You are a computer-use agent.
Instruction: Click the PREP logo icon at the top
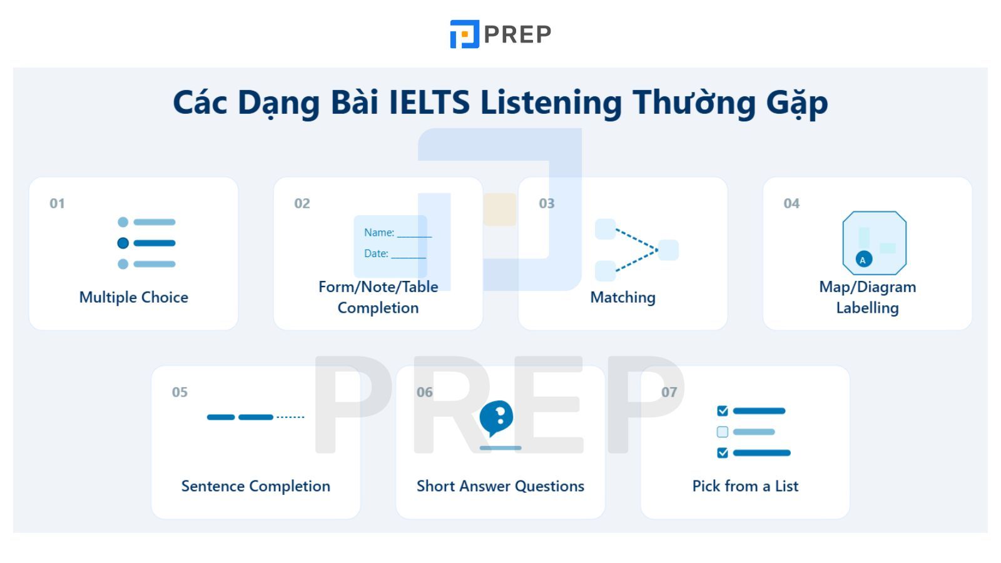[464, 34]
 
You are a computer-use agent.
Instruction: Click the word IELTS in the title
[429, 103]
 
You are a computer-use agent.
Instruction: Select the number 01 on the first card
[57, 204]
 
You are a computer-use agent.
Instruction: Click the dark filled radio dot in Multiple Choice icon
[123, 243]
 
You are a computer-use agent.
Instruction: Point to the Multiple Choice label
[134, 298]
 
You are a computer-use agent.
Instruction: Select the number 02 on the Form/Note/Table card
[302, 204]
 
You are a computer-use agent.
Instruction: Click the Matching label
[623, 298]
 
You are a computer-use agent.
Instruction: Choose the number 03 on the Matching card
[547, 204]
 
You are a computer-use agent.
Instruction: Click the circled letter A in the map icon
[863, 260]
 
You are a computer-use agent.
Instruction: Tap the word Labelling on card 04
[867, 308]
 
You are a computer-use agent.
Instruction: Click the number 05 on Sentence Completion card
[180, 392]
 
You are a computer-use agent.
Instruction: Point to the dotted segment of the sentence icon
[290, 417]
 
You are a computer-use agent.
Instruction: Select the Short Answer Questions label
[500, 486]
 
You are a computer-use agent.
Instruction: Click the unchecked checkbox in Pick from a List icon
[722, 432]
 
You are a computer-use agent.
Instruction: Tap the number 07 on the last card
[669, 392]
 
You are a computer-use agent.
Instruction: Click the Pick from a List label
[745, 486]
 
